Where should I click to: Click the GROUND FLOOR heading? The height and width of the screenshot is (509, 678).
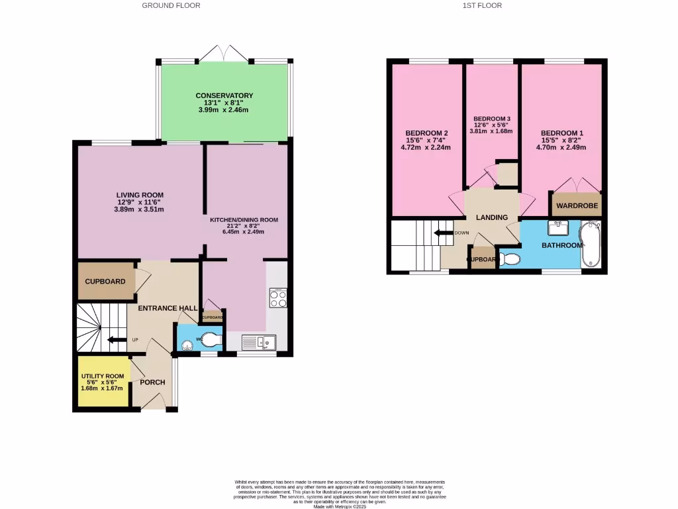[171, 5]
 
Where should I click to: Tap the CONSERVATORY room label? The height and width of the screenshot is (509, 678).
[224, 96]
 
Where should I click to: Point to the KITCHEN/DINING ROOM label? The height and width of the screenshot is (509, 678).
[244, 219]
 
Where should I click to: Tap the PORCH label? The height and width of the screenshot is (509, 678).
[152, 382]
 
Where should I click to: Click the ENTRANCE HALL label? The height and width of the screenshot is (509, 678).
[167, 308]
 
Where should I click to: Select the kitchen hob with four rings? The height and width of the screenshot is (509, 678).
[278, 299]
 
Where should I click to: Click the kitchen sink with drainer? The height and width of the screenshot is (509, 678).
[259, 342]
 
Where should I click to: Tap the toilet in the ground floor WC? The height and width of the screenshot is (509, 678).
[210, 341]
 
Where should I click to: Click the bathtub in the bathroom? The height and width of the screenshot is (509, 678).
[591, 246]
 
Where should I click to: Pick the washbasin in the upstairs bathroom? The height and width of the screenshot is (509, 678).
[556, 228]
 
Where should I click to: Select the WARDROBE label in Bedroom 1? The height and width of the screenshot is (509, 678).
[577, 206]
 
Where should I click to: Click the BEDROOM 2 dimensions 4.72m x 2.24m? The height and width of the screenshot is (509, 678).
[426, 148]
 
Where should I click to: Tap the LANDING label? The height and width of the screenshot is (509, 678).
[492, 217]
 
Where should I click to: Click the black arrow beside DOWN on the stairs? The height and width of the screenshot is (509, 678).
[442, 233]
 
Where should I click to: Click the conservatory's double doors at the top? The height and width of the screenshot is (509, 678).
[225, 54]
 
